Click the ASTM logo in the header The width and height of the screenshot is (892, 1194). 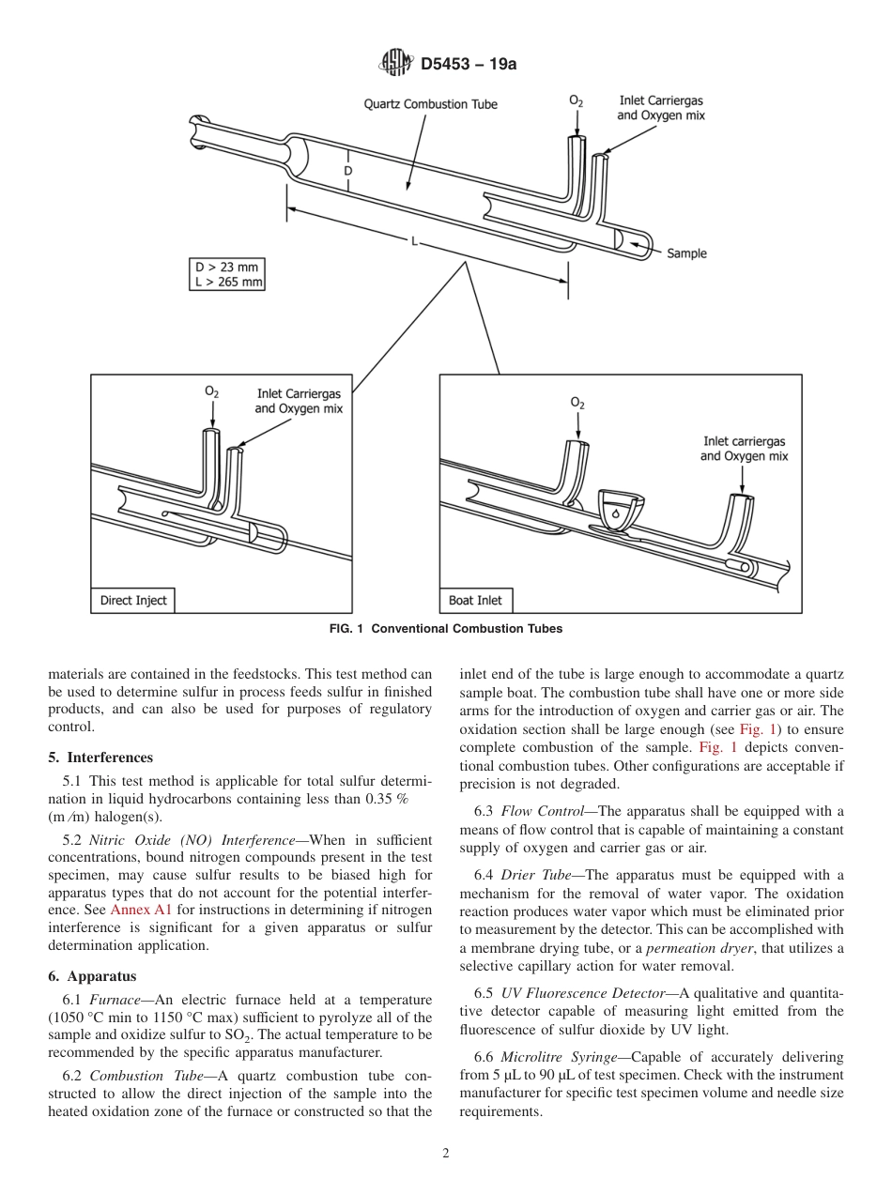pos(395,64)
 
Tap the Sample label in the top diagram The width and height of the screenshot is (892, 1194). pos(686,253)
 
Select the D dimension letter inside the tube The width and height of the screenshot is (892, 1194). pos(347,172)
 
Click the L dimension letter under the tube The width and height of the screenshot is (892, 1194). pos(413,241)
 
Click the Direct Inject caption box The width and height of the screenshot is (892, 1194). pos(133,601)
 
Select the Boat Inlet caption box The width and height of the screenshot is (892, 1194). pos(476,601)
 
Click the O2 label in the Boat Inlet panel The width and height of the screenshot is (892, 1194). pos(577,404)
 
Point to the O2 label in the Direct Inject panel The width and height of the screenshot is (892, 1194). pos(212,392)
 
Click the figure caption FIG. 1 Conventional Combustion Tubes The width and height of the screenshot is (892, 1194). pos(446,629)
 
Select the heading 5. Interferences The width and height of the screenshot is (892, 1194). pos(100,758)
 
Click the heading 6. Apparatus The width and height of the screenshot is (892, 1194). pos(93,976)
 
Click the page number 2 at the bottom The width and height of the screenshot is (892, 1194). pos(446,1154)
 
